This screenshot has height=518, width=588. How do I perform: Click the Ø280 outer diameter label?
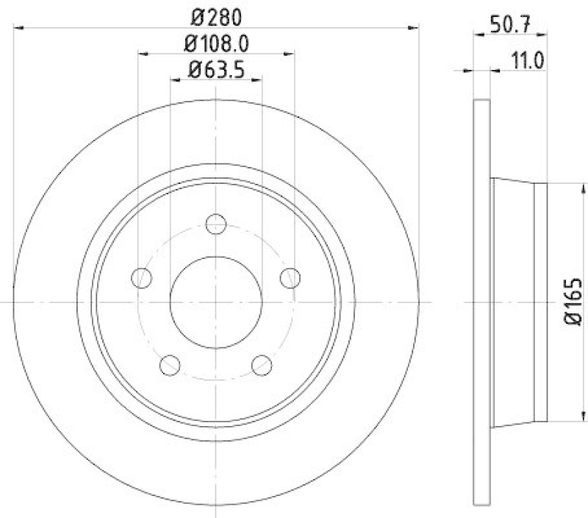(x=216, y=15)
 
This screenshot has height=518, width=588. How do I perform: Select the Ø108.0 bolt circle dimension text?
(x=216, y=43)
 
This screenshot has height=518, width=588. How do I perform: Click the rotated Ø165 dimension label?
(x=574, y=302)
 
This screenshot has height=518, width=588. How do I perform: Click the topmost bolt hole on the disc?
(x=216, y=224)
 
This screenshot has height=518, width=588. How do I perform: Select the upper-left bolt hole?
(x=141, y=277)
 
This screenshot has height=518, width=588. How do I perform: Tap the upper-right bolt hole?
(x=291, y=277)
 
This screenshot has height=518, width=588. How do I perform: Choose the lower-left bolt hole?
(x=170, y=365)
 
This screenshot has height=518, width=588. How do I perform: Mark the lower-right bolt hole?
(x=262, y=365)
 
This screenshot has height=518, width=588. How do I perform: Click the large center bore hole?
(x=216, y=302)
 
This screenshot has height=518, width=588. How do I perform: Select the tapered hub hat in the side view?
(x=518, y=302)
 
